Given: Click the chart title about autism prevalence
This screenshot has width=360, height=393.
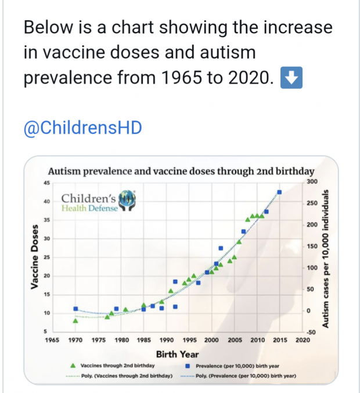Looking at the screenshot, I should [x=181, y=172].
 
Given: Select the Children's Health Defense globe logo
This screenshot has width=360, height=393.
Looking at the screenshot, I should [x=125, y=200].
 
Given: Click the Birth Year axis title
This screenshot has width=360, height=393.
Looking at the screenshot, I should [x=177, y=354].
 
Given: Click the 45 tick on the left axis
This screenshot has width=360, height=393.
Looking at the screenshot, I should [x=46, y=183].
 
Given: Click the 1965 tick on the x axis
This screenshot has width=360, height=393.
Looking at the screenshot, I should [x=53, y=340].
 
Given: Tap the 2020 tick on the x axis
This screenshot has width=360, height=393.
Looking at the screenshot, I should [x=302, y=340].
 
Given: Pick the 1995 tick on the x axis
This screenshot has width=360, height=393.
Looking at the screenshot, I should [x=189, y=340].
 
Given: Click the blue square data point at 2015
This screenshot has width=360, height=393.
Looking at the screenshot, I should [x=280, y=192].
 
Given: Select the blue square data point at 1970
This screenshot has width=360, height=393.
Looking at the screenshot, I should [x=75, y=309].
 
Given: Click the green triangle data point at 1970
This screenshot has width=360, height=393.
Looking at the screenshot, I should [x=75, y=320].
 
